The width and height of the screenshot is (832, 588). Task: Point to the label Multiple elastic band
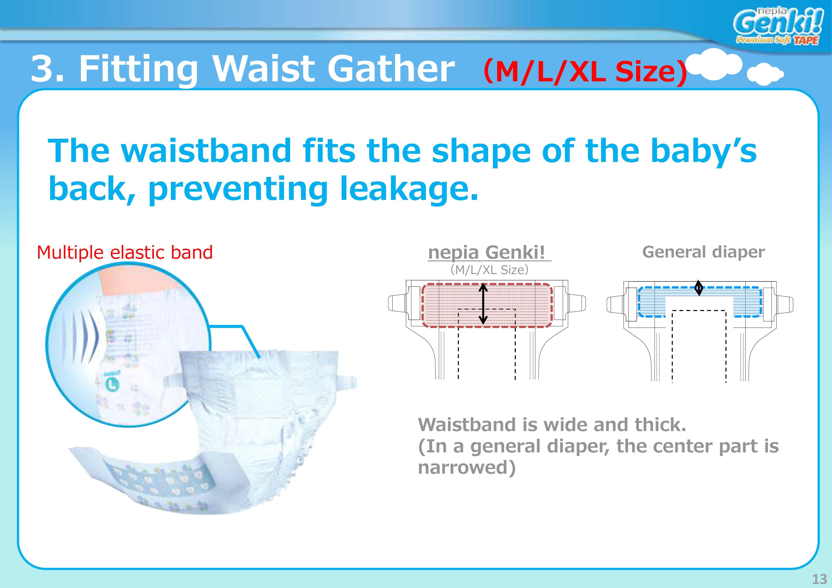coord(125,253)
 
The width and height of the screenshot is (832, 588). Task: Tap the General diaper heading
coord(703,252)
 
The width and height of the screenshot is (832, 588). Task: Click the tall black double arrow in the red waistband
coord(483,303)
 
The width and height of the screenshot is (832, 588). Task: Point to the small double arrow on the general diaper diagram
coord(699,288)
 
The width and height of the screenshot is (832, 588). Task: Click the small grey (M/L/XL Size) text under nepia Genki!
coord(489,270)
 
